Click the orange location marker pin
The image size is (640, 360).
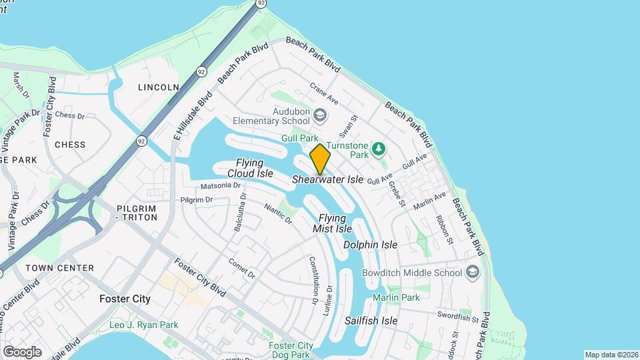coord(320,159)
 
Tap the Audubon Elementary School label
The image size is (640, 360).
coord(271,116)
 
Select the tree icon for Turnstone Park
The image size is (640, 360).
coord(379,148)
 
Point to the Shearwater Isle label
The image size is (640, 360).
coord(327,180)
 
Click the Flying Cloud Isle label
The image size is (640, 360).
coord(250,168)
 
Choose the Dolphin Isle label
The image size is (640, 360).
coord(370,245)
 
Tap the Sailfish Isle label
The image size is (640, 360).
coord(371,321)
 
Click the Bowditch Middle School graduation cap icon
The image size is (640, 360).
coord(472,272)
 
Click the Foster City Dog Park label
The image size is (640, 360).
coord(291,350)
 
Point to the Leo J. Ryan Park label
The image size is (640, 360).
coord(143,325)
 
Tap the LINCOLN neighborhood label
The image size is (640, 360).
coord(158,87)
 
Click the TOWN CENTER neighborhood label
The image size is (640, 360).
coord(59,268)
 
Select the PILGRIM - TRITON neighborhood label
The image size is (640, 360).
coord(136,213)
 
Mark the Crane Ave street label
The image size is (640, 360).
coord(325,93)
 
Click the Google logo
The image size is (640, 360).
coord(22,351)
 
